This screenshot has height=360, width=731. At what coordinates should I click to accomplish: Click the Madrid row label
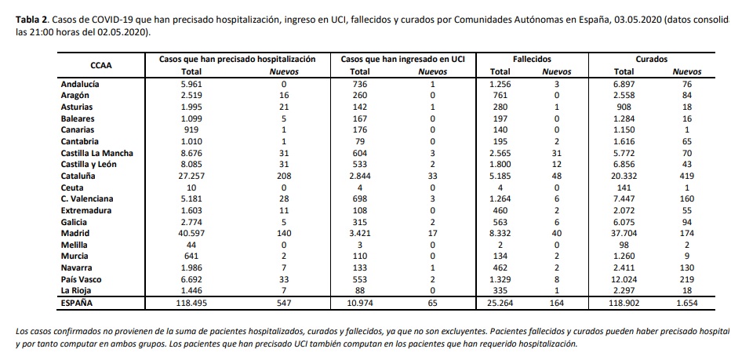[75, 233]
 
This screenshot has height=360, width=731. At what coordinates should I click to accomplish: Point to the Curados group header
[652, 59]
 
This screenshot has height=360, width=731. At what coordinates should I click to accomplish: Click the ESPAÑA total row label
[78, 302]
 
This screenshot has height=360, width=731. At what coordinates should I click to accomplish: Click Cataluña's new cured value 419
[686, 176]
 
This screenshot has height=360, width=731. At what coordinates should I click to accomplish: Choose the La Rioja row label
[77, 289]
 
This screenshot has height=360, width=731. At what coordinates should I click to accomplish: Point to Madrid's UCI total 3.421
[360, 233]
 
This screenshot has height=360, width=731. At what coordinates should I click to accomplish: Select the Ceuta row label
[73, 187]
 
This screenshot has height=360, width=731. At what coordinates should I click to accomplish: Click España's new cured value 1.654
[686, 302]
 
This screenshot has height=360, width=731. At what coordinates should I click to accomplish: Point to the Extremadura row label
[86, 210]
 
